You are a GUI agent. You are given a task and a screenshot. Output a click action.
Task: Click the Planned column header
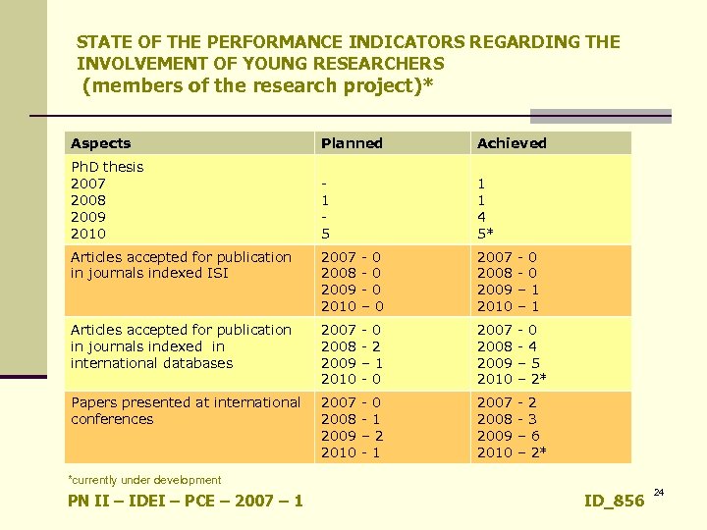tap(352, 143)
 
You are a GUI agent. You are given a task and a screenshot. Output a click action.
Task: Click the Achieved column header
tap(512, 143)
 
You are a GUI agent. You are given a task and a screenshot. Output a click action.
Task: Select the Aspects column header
tap(100, 143)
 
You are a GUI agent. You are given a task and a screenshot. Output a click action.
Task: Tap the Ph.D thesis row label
tap(107, 167)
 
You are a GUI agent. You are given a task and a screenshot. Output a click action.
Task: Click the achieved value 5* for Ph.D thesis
tap(485, 234)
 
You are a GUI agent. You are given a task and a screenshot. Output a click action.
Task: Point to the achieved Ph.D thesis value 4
tap(481, 217)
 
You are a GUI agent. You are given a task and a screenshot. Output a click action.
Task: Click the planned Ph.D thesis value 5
tap(325, 234)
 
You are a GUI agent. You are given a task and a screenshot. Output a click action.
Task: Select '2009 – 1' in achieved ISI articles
tap(508, 291)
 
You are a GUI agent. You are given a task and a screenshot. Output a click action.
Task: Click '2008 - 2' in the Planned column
tap(352, 346)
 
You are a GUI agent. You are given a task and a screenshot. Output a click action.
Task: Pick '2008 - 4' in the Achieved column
tap(508, 346)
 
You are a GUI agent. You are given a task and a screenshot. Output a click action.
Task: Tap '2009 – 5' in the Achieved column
tap(508, 363)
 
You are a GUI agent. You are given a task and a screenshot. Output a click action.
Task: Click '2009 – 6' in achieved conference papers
tap(508, 436)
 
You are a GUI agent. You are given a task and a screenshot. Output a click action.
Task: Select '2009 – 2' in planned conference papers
tap(352, 436)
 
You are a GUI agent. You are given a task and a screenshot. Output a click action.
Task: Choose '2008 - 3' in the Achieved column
tap(508, 419)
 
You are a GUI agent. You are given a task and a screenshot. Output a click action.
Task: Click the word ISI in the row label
tap(213, 274)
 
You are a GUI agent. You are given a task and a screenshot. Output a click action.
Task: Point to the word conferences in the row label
tap(112, 419)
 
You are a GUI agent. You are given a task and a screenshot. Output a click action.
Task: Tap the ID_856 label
tap(614, 502)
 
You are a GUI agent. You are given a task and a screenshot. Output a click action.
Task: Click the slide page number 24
tap(659, 492)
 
